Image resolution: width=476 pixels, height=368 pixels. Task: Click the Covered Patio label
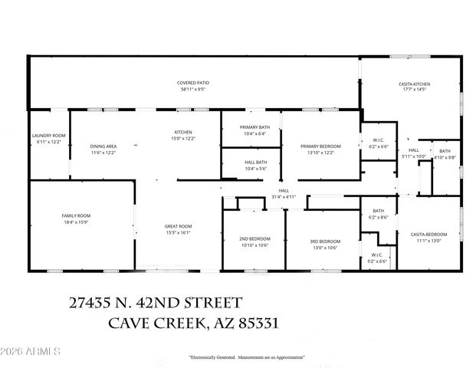tap(193, 82)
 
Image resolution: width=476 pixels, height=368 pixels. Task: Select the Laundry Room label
tap(49, 135)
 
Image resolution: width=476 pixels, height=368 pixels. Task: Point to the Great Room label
tap(179, 226)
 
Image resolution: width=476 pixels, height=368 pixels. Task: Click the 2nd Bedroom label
tap(253, 238)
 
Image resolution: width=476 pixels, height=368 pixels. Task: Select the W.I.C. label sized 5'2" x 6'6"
tap(376, 255)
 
